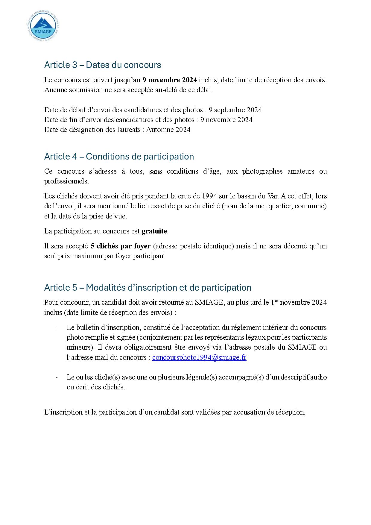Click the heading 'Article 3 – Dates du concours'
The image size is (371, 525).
tap(103, 65)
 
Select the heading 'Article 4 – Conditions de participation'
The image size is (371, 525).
tap(119, 157)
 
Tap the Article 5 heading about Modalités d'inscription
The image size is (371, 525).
tap(148, 288)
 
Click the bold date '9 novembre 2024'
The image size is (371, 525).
tap(170, 80)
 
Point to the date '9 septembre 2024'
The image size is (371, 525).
tap(235, 110)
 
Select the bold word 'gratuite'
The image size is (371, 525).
tap(154, 231)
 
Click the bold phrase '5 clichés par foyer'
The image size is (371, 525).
tap(120, 246)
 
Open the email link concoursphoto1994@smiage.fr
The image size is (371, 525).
tap(199, 358)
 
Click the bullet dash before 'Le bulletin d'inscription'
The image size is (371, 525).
tap(57, 328)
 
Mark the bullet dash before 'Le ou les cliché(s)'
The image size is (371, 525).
tap(57, 377)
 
